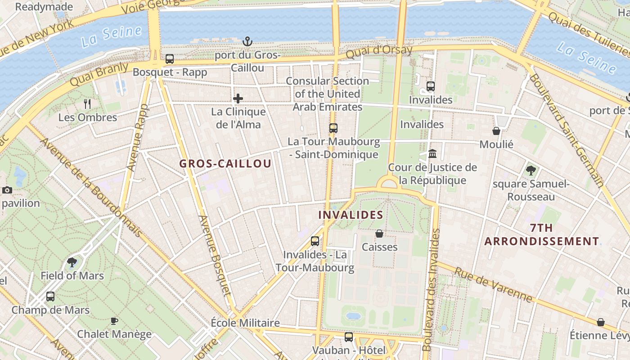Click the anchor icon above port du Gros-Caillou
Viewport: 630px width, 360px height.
[x=247, y=42]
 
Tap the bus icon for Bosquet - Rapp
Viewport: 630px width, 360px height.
[x=170, y=59]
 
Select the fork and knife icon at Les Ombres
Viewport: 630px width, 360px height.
[x=87, y=104]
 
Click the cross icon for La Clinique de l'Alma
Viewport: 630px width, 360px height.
[x=238, y=99]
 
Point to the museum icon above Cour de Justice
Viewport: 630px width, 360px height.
[x=432, y=154]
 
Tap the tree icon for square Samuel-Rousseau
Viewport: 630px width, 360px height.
[x=531, y=171]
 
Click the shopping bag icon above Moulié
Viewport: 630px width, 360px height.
[x=496, y=131]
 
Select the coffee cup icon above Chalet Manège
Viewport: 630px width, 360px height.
[x=114, y=321]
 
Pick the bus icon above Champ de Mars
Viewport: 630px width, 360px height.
[x=50, y=297]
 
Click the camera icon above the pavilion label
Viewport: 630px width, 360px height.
[x=7, y=190]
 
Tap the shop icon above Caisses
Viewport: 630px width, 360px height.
[x=379, y=234]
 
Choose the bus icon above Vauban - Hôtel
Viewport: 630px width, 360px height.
[x=349, y=337]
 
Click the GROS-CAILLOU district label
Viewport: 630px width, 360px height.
[x=225, y=164]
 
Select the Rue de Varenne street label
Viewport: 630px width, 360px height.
[x=493, y=285]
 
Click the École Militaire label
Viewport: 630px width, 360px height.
[x=245, y=323]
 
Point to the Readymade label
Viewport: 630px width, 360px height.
[x=44, y=7]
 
